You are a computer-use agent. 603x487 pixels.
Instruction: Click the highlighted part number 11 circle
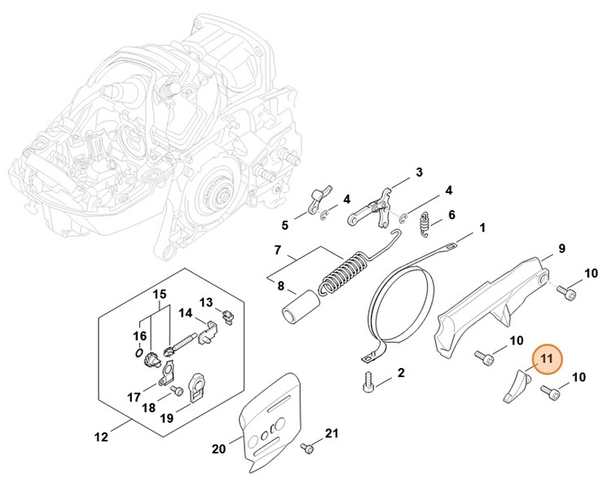click(x=545, y=358)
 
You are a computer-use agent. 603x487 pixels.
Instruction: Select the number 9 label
click(x=561, y=248)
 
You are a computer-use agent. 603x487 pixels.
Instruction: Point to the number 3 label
click(x=419, y=172)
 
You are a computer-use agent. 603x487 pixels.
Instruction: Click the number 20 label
click(x=218, y=448)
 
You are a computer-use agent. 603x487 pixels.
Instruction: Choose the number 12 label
click(x=101, y=437)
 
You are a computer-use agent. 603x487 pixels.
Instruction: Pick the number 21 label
click(x=330, y=432)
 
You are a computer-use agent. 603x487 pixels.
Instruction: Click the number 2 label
click(x=401, y=373)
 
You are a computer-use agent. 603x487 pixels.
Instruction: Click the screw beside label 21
click(x=309, y=447)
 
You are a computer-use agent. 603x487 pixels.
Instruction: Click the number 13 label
click(x=206, y=302)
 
